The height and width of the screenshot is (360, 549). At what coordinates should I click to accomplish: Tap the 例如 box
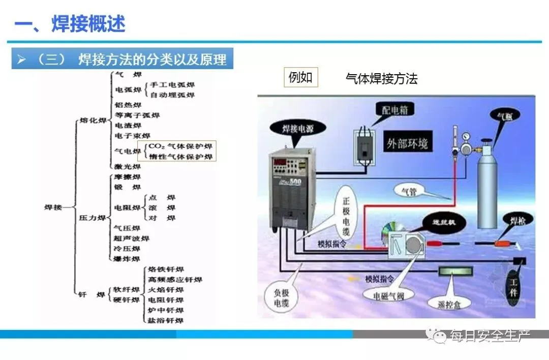point(300,78)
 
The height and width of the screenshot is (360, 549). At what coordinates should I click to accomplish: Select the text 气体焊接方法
point(381,78)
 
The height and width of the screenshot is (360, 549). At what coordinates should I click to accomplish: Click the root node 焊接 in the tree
point(53,207)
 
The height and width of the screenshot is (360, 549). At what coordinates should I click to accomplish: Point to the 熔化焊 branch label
point(93,121)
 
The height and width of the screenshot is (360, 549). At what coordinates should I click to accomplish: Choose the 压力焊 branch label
point(93,218)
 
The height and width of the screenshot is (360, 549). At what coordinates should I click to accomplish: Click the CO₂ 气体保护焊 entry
point(180,146)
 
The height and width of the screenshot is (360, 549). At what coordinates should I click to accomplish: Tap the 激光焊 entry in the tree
point(128,166)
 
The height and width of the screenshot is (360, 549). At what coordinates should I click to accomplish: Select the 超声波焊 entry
point(131,238)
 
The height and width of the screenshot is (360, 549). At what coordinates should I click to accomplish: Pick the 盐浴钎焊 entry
point(165,320)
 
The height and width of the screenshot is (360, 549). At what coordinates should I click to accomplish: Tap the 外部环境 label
point(407,143)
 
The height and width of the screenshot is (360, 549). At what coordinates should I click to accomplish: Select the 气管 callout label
point(408,191)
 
